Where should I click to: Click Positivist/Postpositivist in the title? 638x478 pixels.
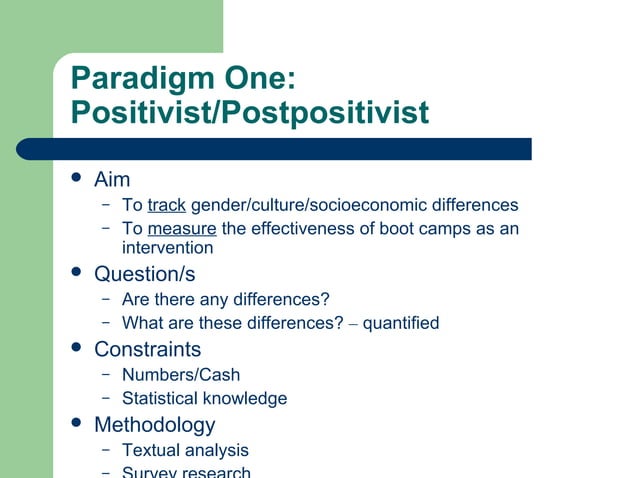point(250,113)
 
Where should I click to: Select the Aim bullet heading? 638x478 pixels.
point(112,181)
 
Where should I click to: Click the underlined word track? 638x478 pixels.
point(166,205)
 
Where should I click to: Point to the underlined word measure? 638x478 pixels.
point(181,229)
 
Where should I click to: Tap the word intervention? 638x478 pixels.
point(167,247)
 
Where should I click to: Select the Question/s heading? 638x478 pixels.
point(144,273)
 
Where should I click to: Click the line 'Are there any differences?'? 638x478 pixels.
point(225,299)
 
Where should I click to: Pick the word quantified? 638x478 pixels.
point(400,323)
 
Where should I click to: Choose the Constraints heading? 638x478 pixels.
point(147,349)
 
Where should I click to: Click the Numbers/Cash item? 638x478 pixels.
point(181,375)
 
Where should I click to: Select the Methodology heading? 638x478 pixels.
point(154,425)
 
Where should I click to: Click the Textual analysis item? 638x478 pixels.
point(185,450)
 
